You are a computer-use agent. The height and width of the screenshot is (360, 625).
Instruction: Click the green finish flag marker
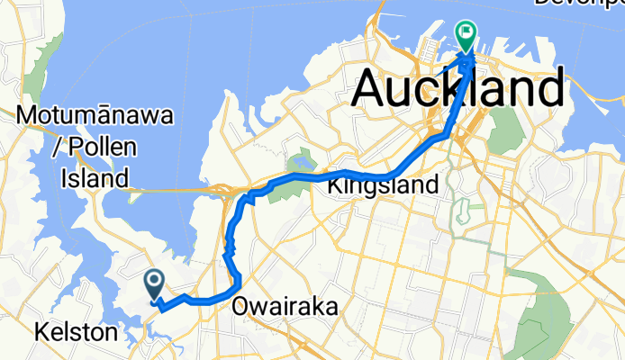click(467, 35)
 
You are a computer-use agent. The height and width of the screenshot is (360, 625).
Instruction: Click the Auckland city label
click(459, 90)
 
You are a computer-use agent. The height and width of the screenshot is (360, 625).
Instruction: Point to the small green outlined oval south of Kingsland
click(463, 213)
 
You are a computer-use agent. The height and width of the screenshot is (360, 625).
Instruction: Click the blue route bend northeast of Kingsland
click(445, 136)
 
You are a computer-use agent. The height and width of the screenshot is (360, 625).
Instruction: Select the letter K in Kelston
click(41, 333)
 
